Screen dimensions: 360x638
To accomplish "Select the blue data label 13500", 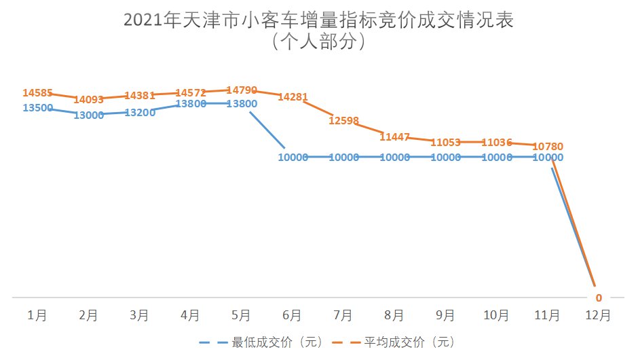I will click(x=38, y=107).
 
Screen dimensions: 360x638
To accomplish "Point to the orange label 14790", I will click(x=242, y=90).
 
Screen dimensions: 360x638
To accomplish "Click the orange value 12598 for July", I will click(x=343, y=120).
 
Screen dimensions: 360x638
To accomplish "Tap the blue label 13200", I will click(x=140, y=112).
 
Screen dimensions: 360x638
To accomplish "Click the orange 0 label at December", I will click(x=598, y=298).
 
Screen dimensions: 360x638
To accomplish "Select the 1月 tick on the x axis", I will click(x=38, y=315).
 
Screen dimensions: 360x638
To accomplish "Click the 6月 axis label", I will click(x=293, y=315).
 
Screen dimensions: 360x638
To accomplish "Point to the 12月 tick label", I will click(x=598, y=315).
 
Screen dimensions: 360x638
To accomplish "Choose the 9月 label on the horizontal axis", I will click(x=445, y=315).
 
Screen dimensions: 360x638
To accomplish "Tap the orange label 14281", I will click(x=293, y=97).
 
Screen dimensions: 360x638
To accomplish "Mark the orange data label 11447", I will click(x=394, y=137).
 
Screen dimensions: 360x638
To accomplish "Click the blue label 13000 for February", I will click(x=89, y=115).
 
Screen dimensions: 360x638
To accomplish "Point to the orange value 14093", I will click(x=89, y=100).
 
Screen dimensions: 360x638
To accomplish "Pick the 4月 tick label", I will click(x=191, y=315).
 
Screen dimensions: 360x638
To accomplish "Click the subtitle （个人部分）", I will click(x=318, y=43).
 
